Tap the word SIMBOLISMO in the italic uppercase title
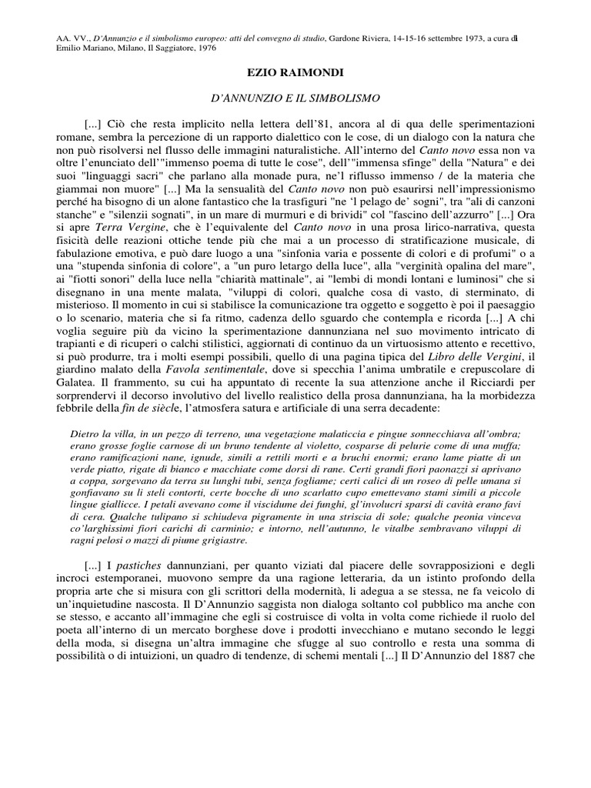342,98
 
